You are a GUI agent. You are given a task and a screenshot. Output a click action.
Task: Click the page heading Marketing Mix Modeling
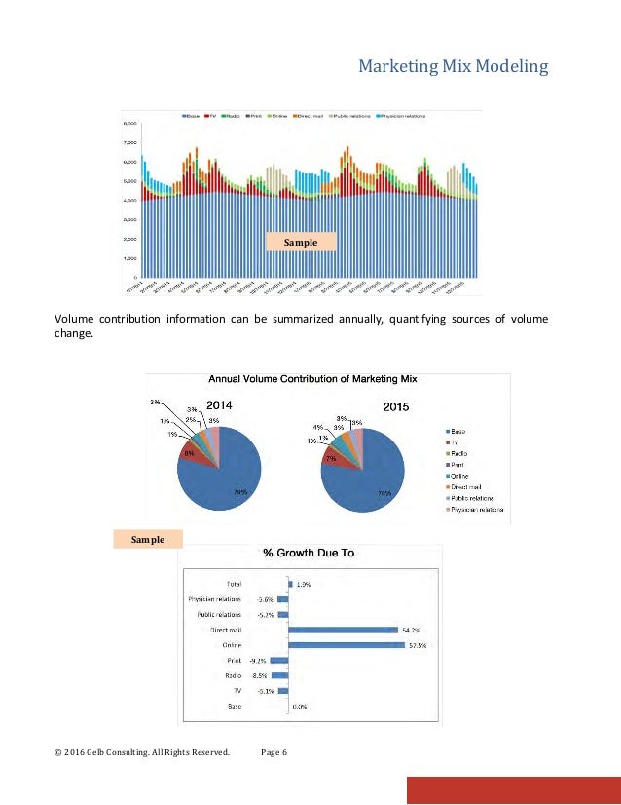click(x=454, y=67)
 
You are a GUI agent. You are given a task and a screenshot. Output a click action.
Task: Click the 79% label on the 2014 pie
click(x=239, y=492)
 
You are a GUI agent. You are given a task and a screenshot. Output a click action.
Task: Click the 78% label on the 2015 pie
click(x=384, y=493)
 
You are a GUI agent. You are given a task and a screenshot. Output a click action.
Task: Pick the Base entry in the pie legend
click(x=457, y=431)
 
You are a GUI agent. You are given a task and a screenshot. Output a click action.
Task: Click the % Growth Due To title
click(x=310, y=553)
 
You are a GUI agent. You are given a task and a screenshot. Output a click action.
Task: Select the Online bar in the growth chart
click(x=346, y=645)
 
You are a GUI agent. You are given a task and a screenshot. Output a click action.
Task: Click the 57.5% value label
click(x=419, y=645)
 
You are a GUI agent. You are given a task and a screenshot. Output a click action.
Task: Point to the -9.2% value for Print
click(x=261, y=661)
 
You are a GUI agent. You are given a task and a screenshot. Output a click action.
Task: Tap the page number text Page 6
click(x=275, y=752)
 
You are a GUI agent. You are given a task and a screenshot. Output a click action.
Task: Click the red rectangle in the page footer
click(x=513, y=790)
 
